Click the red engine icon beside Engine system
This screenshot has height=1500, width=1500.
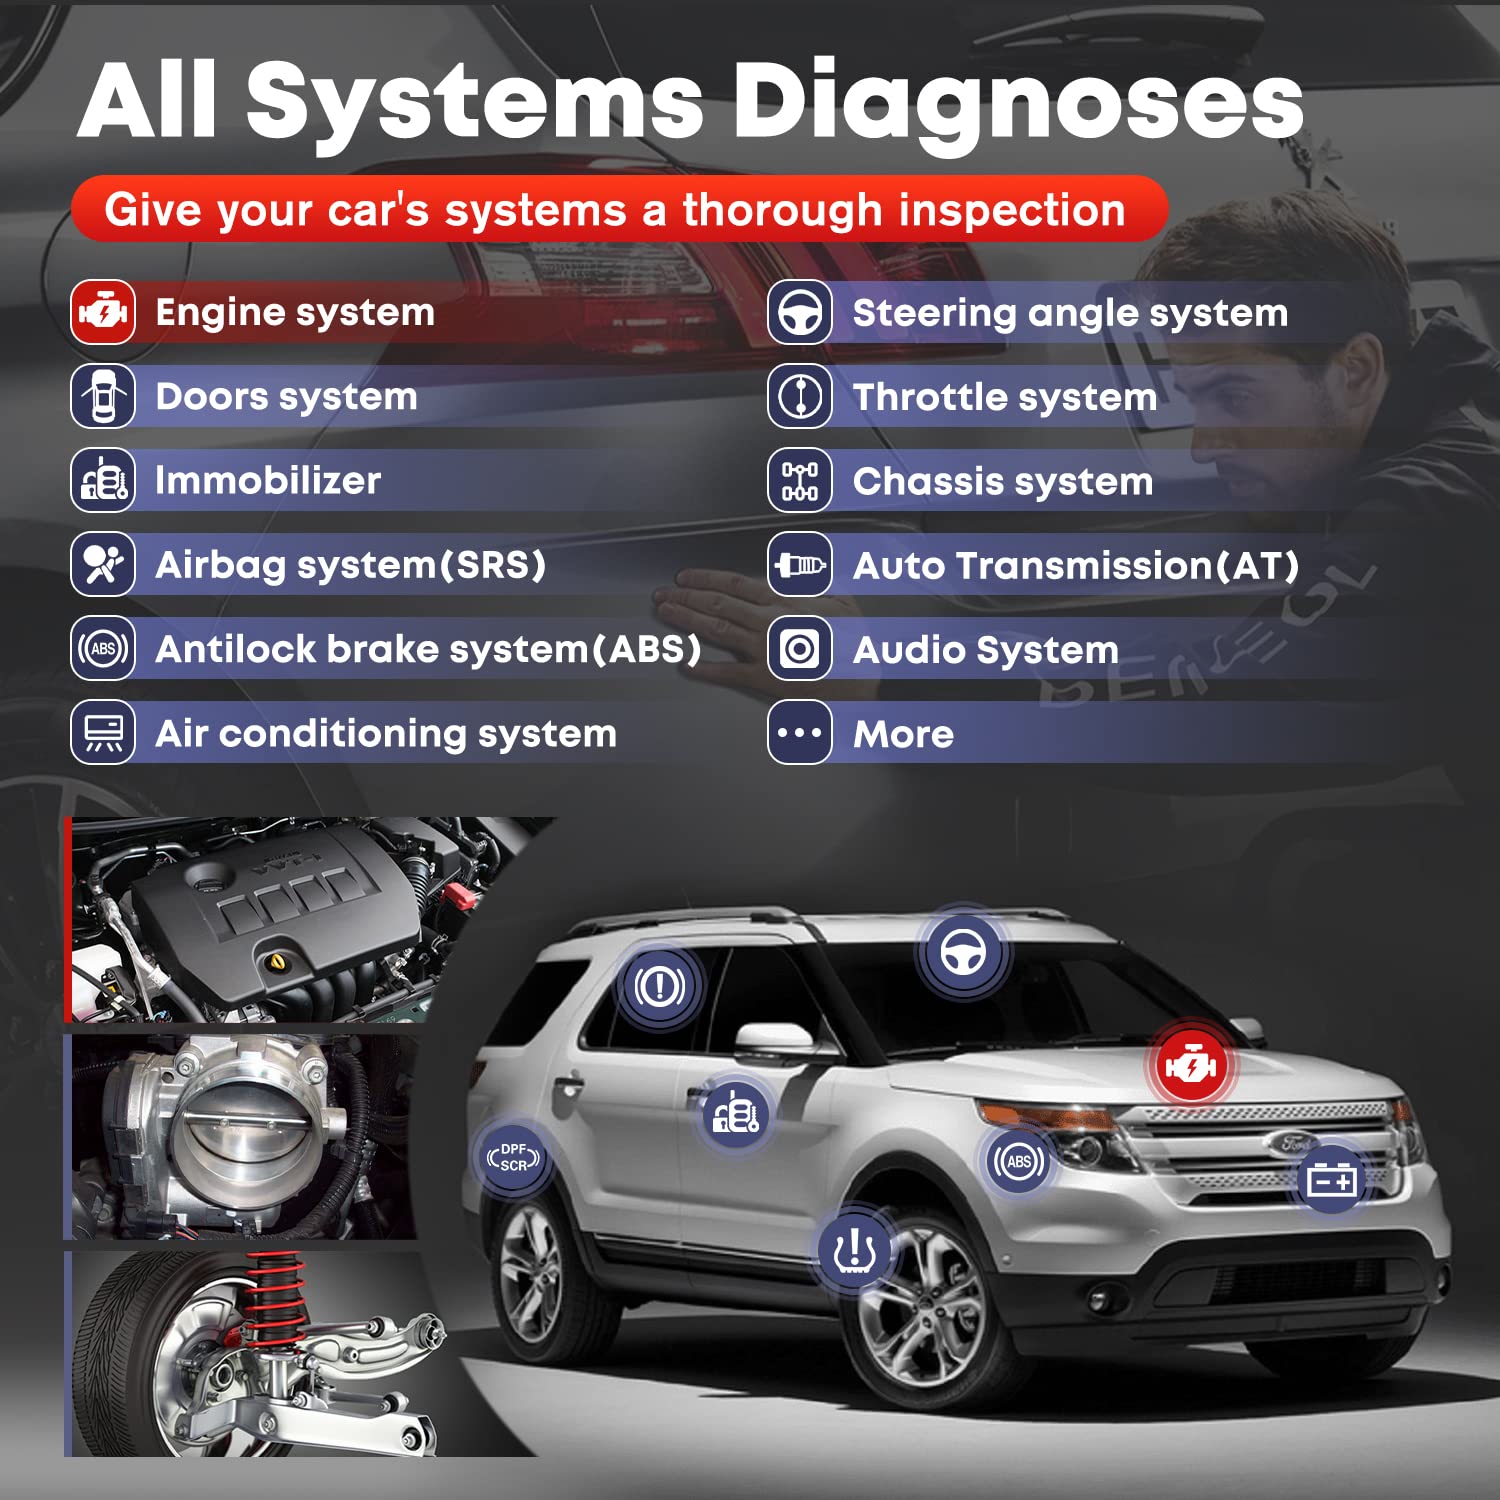tap(103, 313)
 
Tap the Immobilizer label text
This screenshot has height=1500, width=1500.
tap(268, 481)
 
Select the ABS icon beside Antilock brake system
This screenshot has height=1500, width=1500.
tap(103, 649)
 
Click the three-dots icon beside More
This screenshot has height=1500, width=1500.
tap(800, 733)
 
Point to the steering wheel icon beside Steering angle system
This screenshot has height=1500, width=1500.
tap(800, 313)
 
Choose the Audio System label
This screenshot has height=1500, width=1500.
tap(985, 650)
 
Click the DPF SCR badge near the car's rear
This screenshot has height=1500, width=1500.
tap(513, 1158)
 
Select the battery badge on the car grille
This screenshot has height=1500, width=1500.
tap(1332, 1181)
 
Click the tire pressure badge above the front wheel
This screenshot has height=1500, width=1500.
tap(854, 1250)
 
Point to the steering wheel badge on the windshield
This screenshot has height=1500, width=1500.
tap(962, 951)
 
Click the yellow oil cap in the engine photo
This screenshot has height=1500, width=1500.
tap(277, 962)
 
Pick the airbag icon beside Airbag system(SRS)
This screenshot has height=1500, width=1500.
tap(103, 565)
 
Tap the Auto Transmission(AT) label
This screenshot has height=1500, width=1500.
tap(1075, 566)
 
